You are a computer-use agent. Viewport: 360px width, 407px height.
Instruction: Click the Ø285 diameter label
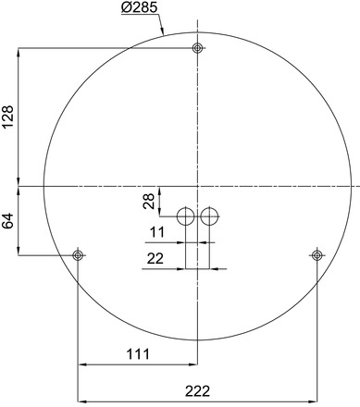click(140, 10)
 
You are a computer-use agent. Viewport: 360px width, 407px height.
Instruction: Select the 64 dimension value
click(8, 220)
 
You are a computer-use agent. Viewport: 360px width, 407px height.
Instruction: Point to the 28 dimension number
click(149, 202)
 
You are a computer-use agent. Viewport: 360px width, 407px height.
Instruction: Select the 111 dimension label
click(137, 354)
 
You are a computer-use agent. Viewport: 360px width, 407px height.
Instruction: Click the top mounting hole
click(197, 48)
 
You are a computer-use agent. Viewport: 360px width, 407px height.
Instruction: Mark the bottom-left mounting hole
click(78, 254)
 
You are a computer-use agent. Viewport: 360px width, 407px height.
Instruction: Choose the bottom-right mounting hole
click(317, 254)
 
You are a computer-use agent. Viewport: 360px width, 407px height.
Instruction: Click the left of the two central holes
click(185, 216)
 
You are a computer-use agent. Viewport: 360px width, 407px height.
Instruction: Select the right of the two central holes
click(209, 216)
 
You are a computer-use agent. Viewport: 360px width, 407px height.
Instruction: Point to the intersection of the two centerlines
click(197, 186)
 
